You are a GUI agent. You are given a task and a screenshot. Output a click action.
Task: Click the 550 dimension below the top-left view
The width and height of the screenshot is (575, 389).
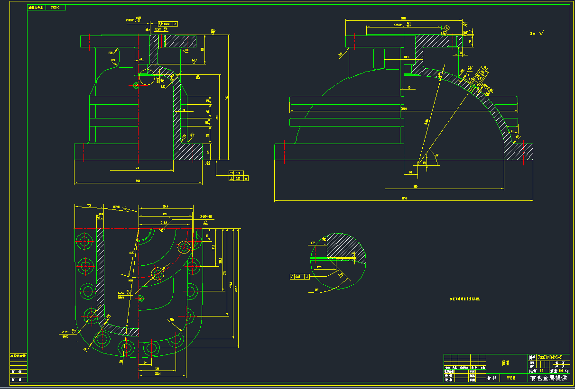[x=138, y=181]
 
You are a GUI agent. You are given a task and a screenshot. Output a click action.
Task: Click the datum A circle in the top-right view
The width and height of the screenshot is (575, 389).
[x=446, y=28]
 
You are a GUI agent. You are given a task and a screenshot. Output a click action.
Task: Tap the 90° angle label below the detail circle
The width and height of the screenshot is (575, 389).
[x=316, y=290]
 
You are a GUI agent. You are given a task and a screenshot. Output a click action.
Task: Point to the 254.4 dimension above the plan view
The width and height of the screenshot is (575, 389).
[x=166, y=206]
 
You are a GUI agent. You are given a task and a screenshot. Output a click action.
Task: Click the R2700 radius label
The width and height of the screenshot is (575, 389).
[x=117, y=207]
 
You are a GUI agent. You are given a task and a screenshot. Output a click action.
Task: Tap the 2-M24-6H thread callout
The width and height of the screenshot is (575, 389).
[x=205, y=216]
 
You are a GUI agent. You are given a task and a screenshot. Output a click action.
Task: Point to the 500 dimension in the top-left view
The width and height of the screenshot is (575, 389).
[x=138, y=168]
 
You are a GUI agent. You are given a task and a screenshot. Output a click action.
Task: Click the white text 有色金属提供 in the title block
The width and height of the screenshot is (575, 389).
[x=548, y=378]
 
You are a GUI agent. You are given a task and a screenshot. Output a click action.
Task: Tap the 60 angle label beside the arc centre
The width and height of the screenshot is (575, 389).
[x=436, y=155]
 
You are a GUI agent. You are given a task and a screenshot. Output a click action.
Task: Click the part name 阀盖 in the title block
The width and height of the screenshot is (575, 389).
[x=506, y=363]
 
